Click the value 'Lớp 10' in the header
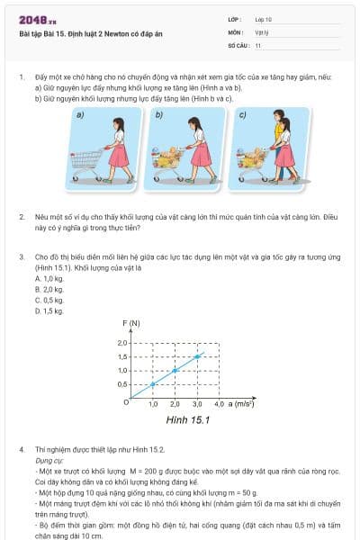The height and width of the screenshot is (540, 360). [x=263, y=18]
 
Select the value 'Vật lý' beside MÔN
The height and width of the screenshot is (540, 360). [x=261, y=31]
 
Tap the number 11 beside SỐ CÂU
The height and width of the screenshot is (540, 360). [x=258, y=44]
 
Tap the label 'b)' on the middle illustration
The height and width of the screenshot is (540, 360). [x=159, y=115]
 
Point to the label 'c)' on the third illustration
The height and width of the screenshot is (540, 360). [x=242, y=115]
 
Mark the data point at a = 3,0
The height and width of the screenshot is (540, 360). [x=197, y=356]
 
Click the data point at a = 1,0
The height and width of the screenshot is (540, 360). [x=153, y=384]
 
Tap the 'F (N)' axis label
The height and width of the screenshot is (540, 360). [x=131, y=323]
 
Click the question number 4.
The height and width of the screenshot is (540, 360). [x=21, y=448]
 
